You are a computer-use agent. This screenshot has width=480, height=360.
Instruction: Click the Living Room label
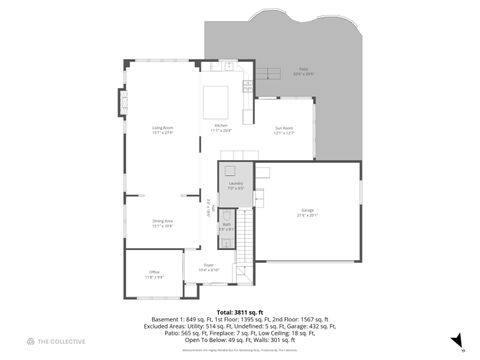pos(162,130)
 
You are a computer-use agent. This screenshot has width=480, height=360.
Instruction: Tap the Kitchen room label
pos(220,128)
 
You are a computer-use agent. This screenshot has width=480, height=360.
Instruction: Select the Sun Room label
pos(284,130)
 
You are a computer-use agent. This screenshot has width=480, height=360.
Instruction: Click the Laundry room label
pos(236,186)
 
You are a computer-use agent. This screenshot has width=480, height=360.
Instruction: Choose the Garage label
pos(307,212)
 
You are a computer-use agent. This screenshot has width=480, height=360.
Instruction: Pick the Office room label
pos(154,274)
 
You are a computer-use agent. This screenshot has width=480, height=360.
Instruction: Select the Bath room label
pos(227,227)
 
